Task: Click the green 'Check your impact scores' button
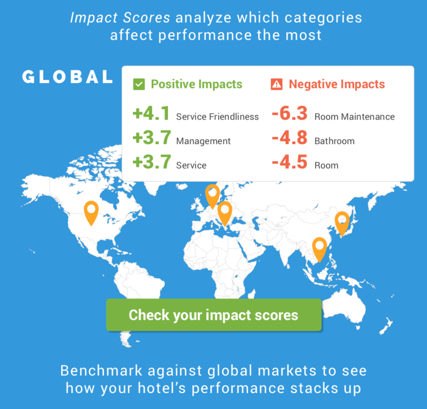pos(214,315)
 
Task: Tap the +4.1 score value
pos(151,113)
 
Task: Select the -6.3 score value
pos(290,113)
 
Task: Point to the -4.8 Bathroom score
pos(290,137)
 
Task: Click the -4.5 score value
pos(290,162)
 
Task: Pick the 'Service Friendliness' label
pos(217,117)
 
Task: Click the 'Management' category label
pos(203,141)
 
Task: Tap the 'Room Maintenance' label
pos(354,117)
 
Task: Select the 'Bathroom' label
pos(334,141)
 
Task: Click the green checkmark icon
pos(139,84)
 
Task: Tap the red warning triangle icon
pos(277,84)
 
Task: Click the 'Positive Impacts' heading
pos(196,84)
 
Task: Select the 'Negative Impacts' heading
pos(337,84)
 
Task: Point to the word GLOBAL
pos(67,76)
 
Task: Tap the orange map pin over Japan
pos(342,223)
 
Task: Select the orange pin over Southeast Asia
pos(319,249)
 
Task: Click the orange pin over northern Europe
pos(212,196)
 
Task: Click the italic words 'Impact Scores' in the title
pos(120,18)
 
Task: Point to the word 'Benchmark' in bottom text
pos(101,371)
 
